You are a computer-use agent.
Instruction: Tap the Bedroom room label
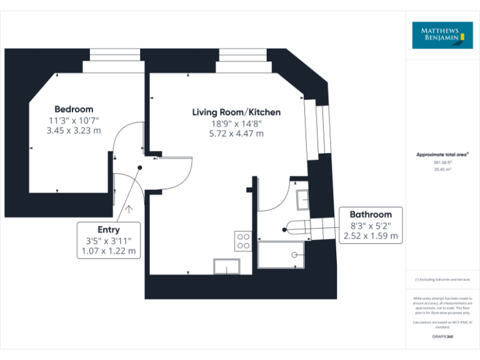(74, 109)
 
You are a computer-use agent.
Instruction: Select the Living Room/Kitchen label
(236, 112)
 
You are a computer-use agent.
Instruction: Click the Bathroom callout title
(371, 214)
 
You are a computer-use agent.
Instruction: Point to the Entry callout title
(109, 229)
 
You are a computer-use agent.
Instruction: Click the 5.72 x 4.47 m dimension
(236, 133)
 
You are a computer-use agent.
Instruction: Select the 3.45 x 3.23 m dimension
(74, 131)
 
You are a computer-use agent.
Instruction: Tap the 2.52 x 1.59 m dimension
(371, 236)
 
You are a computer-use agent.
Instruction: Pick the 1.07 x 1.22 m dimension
(109, 251)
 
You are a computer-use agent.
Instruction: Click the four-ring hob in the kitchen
(243, 241)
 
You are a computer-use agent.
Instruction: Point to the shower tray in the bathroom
(281, 255)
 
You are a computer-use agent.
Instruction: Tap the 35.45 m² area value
(442, 169)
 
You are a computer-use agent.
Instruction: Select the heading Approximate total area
(442, 154)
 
